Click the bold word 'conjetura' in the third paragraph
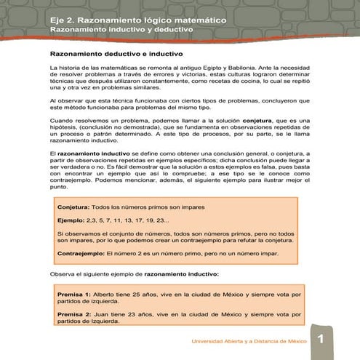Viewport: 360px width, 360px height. click(x=261, y=120)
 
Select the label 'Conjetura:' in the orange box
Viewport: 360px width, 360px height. click(x=76, y=207)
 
